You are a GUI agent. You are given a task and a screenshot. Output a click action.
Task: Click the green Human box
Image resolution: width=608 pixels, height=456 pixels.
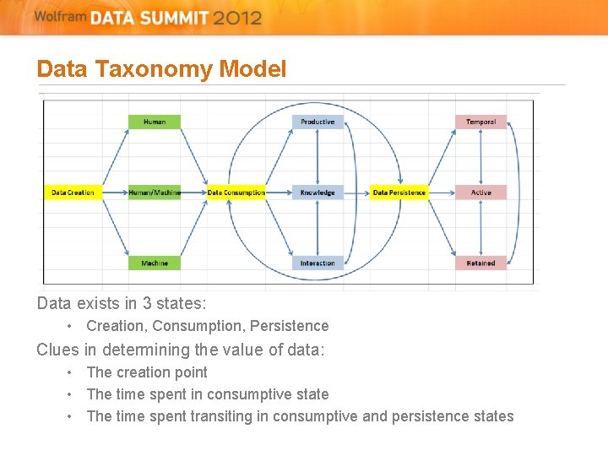coord(155,122)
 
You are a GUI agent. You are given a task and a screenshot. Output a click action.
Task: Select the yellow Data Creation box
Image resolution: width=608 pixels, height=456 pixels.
coord(73,193)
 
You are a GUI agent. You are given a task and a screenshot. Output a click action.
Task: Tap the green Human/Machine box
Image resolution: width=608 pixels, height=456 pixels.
coord(155,193)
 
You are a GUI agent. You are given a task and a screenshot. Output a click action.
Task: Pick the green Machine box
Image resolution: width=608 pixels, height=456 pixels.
coord(155,263)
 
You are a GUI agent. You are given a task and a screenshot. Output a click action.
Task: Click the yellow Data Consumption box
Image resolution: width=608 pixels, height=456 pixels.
coord(236,193)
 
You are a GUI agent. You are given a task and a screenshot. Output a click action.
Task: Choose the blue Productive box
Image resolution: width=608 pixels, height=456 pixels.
coord(318,122)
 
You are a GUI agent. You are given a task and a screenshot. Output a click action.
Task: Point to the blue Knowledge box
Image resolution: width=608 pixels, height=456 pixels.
coord(318,193)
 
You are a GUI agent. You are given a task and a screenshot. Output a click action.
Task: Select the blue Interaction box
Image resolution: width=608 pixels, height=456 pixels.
coord(318,263)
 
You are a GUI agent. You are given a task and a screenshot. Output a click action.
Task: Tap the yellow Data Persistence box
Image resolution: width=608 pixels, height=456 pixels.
coord(399,193)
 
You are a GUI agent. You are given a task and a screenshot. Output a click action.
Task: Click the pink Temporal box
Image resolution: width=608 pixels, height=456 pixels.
coord(480,122)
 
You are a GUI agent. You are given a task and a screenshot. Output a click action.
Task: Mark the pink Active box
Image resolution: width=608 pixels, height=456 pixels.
coord(480,193)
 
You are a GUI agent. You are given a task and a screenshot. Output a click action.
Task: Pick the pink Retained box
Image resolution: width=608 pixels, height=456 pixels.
coord(480,263)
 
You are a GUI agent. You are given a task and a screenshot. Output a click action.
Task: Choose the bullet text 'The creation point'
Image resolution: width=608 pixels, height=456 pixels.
coord(147,372)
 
